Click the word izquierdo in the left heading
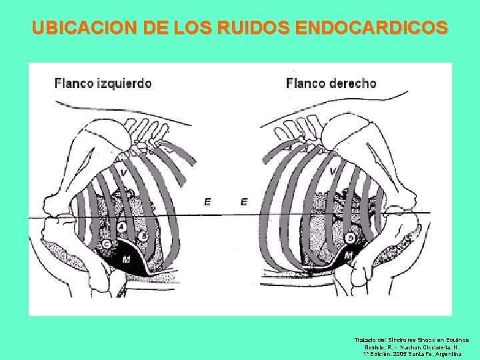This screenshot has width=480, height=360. click(x=122, y=84)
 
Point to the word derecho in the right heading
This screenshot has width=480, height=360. click(x=351, y=83)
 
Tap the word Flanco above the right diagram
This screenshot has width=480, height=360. click(x=305, y=83)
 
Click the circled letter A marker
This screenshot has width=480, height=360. click(x=121, y=228)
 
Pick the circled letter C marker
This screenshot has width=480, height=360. click(x=107, y=245)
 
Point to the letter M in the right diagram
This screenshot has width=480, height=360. click(x=347, y=256)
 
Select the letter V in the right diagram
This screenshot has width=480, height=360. click(x=333, y=172)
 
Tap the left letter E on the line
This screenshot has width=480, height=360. click(x=208, y=201)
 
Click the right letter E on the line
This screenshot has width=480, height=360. click(x=244, y=201)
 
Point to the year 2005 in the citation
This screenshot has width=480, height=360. click(x=403, y=355)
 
